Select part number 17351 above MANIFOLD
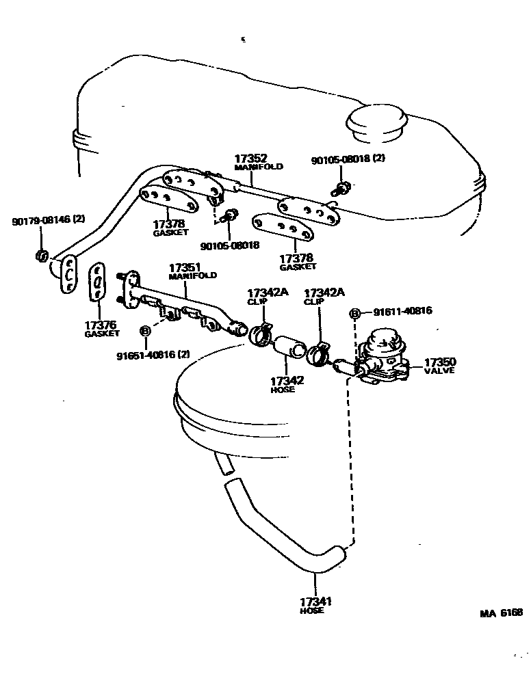point(184,267)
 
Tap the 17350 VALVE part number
point(440,362)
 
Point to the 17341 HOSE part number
point(315,602)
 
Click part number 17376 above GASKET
point(101,325)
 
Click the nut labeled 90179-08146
point(41,256)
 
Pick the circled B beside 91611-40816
point(355,313)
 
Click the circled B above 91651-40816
point(145,331)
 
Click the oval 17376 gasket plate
point(99,280)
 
